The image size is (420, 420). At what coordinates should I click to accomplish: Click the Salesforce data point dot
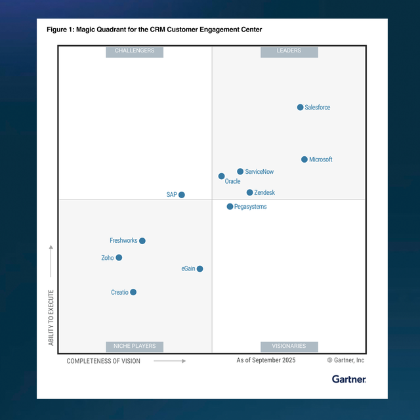point(301,107)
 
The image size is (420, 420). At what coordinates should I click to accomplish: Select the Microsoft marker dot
point(304,159)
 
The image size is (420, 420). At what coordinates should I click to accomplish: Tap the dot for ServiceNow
point(240,171)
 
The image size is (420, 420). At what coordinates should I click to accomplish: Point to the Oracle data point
point(222,176)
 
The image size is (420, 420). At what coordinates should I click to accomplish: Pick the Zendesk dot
point(250,192)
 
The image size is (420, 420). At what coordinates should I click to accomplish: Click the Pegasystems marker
point(230,207)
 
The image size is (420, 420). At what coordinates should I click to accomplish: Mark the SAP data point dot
point(182,195)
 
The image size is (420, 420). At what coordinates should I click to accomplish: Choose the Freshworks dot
point(142,241)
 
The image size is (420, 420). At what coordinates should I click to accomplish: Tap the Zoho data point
point(119,258)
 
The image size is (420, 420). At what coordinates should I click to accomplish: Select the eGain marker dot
point(200,268)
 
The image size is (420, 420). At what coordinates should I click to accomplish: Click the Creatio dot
point(133,292)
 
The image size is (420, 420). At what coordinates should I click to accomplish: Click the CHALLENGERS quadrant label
point(135,51)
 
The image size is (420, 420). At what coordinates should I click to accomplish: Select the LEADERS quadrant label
point(289,51)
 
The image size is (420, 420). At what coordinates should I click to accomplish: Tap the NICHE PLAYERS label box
point(135,346)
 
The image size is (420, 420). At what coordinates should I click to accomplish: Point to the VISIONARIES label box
point(289,346)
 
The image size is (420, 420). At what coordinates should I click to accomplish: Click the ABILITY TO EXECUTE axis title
point(51,317)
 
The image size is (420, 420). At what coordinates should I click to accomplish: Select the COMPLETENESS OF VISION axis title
point(104,361)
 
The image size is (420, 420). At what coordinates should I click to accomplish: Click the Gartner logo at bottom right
point(348,379)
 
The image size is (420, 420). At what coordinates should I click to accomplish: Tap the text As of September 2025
point(266,360)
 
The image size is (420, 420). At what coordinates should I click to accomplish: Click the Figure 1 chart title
point(154,30)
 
